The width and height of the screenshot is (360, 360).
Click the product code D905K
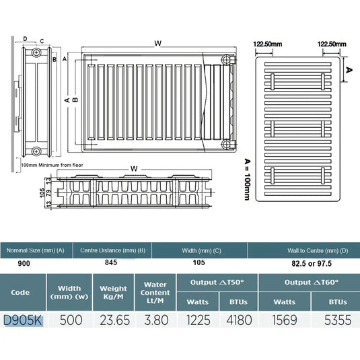23,320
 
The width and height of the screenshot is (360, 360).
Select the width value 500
71,320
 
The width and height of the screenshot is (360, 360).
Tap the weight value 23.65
114,320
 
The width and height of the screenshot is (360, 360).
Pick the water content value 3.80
156,320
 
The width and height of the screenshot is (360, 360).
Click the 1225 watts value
199,320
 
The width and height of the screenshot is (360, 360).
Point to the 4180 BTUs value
239,320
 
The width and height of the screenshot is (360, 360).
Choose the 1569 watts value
285,320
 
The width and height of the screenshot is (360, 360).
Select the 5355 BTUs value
338,320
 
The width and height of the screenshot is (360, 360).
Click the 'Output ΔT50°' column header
217,283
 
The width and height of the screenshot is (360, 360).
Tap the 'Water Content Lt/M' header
155,293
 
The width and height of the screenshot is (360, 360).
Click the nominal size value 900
24,264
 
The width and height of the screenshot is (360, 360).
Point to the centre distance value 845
111,262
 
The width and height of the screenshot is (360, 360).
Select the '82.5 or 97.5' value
312,264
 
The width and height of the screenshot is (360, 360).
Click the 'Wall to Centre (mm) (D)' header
318,251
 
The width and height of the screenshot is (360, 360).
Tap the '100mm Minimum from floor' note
52,165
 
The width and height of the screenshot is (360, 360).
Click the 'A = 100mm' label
247,180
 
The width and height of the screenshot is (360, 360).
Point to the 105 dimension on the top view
42,192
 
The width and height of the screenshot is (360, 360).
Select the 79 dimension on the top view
49,192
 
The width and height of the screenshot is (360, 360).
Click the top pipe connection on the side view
36,52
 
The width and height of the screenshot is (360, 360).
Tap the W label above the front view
158,43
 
